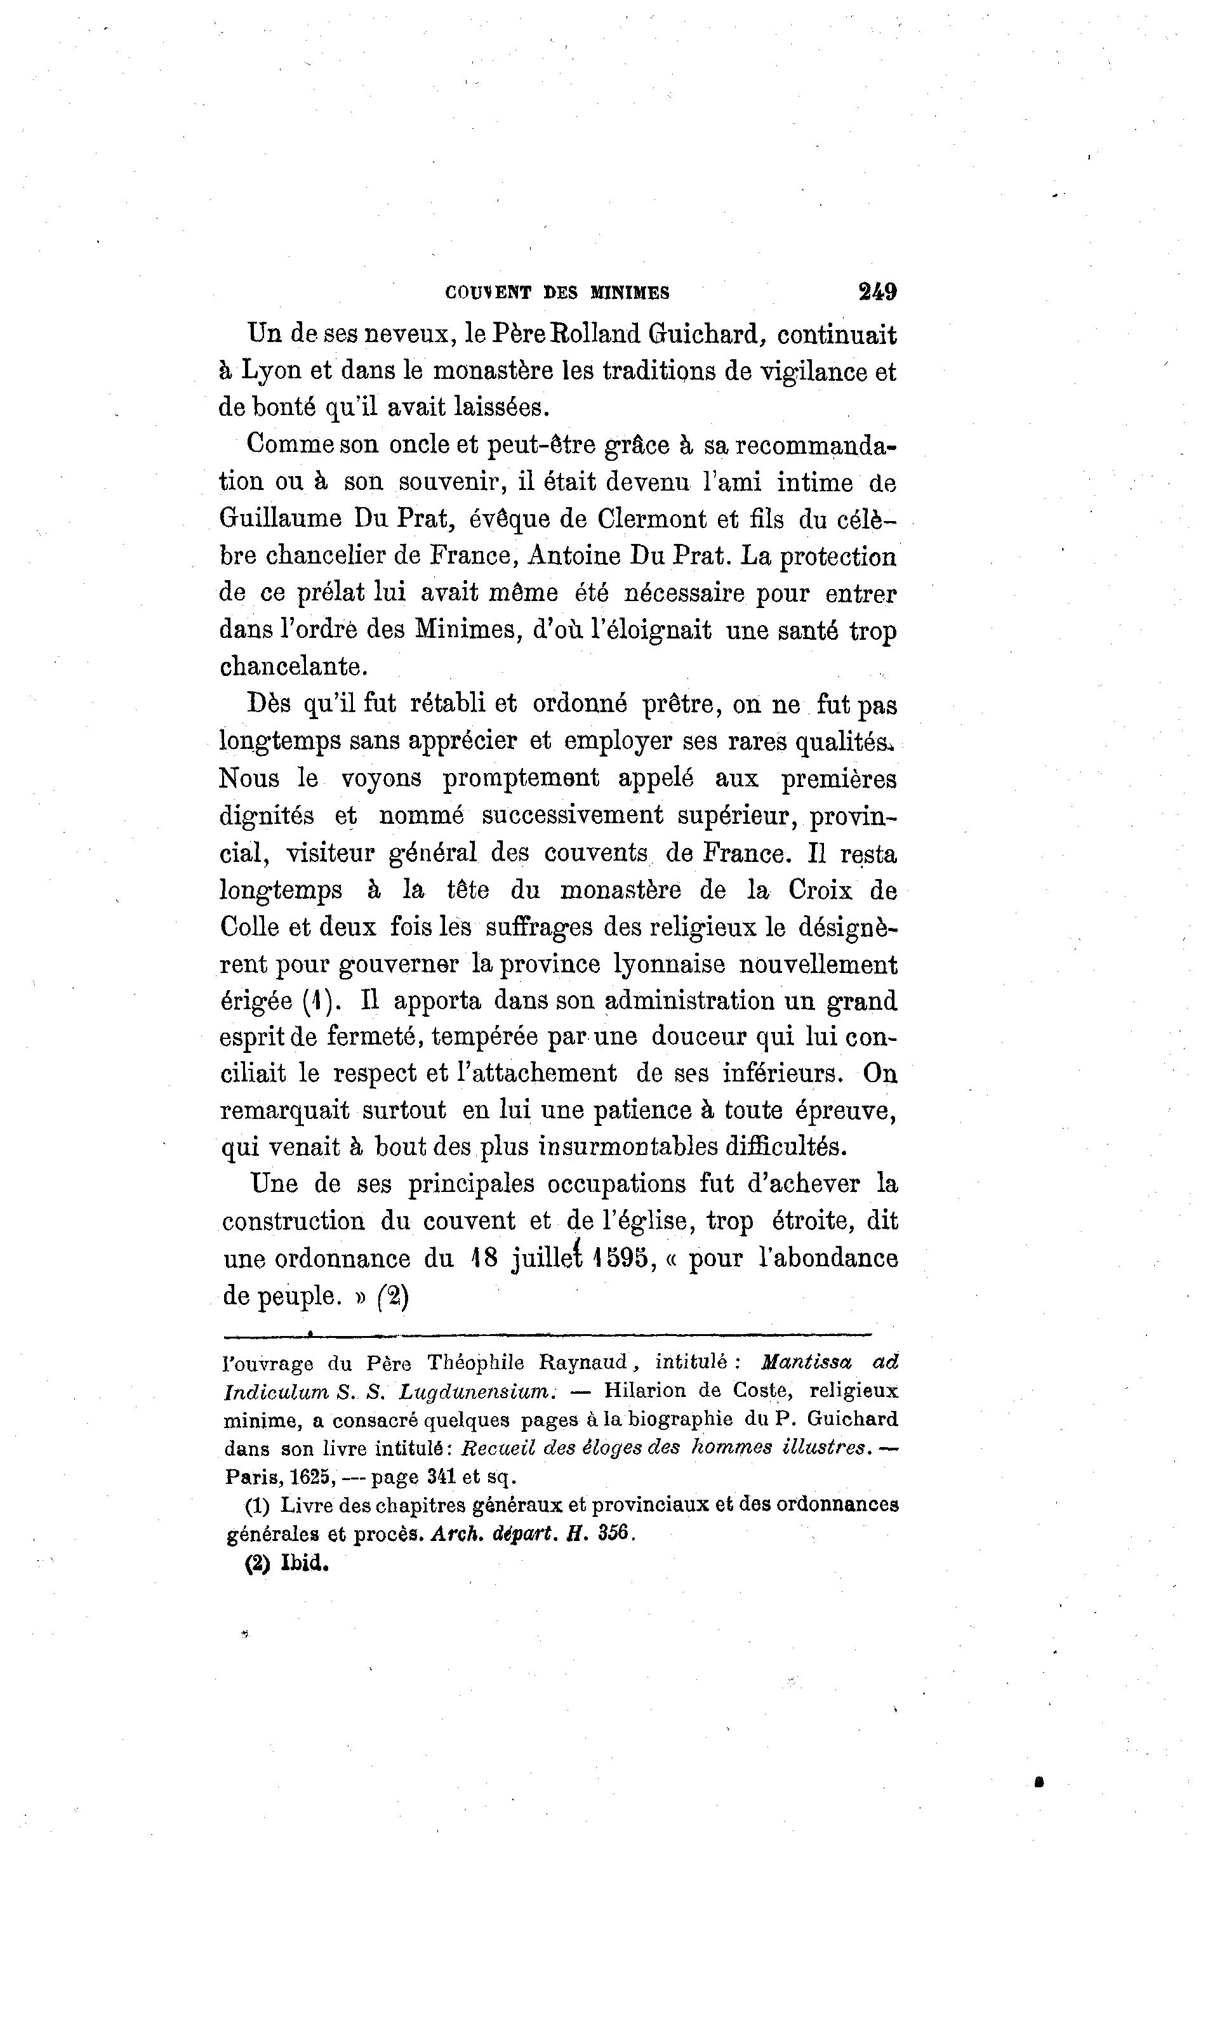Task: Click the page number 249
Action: pos(877,291)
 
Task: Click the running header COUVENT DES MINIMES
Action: pos(557,292)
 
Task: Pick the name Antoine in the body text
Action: pos(573,557)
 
